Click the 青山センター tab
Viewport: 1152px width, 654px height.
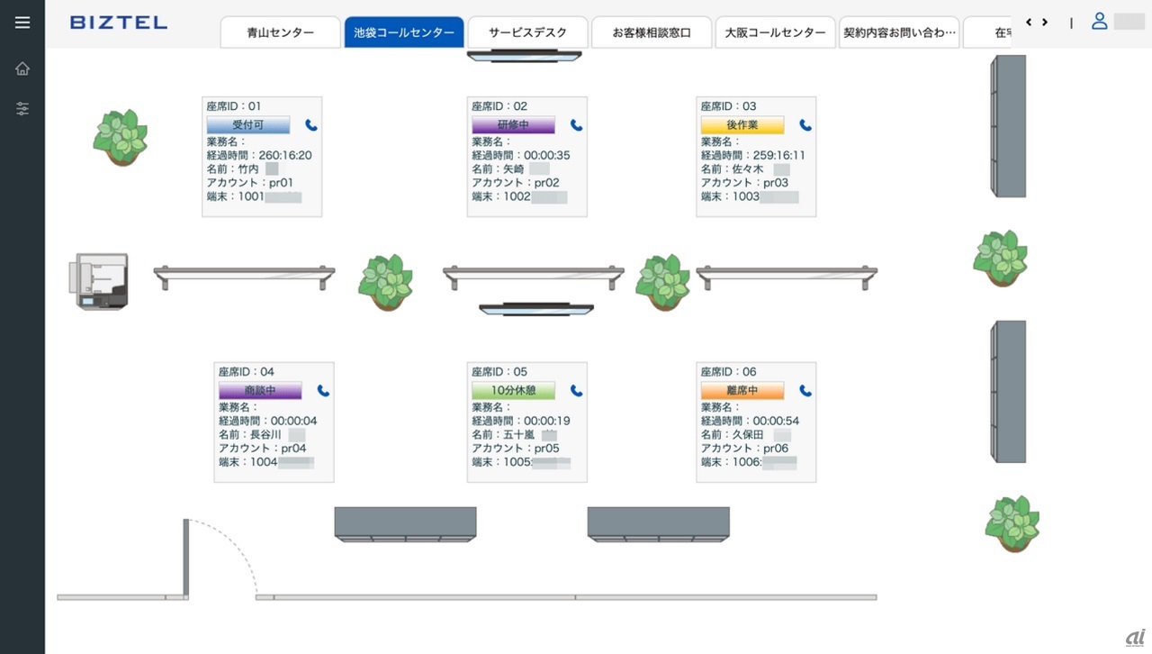click(x=280, y=32)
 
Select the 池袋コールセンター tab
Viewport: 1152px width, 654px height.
click(x=404, y=32)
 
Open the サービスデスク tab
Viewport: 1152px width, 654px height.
click(x=527, y=32)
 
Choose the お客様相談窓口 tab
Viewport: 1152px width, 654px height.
click(x=652, y=32)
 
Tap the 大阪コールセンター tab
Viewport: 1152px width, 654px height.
click(x=775, y=32)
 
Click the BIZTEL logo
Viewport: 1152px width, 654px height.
click(x=119, y=23)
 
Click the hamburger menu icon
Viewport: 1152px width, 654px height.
click(x=22, y=23)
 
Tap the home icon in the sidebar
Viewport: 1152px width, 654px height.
click(x=22, y=68)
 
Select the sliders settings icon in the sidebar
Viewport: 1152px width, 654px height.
click(x=22, y=109)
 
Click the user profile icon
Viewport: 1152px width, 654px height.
click(x=1099, y=22)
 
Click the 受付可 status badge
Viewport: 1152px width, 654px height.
click(x=248, y=125)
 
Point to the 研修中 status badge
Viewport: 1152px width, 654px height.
click(x=513, y=125)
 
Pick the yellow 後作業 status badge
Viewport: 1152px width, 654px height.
click(x=742, y=125)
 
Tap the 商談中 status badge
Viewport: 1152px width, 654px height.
click(x=260, y=391)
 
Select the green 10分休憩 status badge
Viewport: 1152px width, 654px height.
click(x=513, y=391)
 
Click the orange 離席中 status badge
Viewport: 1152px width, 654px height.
click(x=742, y=391)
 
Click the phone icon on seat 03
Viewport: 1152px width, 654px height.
click(x=805, y=125)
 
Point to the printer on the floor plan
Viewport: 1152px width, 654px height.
click(x=100, y=282)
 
